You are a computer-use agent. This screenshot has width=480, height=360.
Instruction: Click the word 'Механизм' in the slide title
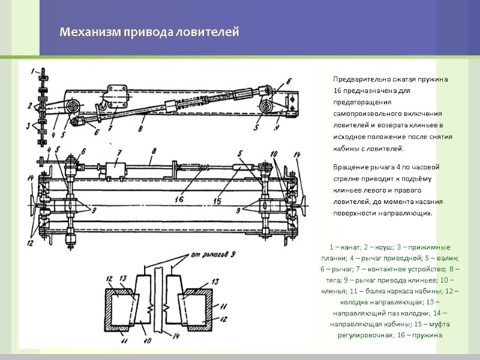pyautogui.click(x=84, y=32)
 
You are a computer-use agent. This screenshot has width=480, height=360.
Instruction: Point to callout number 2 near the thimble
pyautogui.click(x=30, y=106)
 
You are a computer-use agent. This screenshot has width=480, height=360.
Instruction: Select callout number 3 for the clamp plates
pyautogui.click(x=29, y=126)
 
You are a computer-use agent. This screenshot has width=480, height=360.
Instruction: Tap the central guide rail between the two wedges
pyautogui.click(x=158, y=300)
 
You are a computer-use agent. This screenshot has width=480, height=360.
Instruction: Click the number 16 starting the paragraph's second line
pyautogui.click(x=338, y=90)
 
